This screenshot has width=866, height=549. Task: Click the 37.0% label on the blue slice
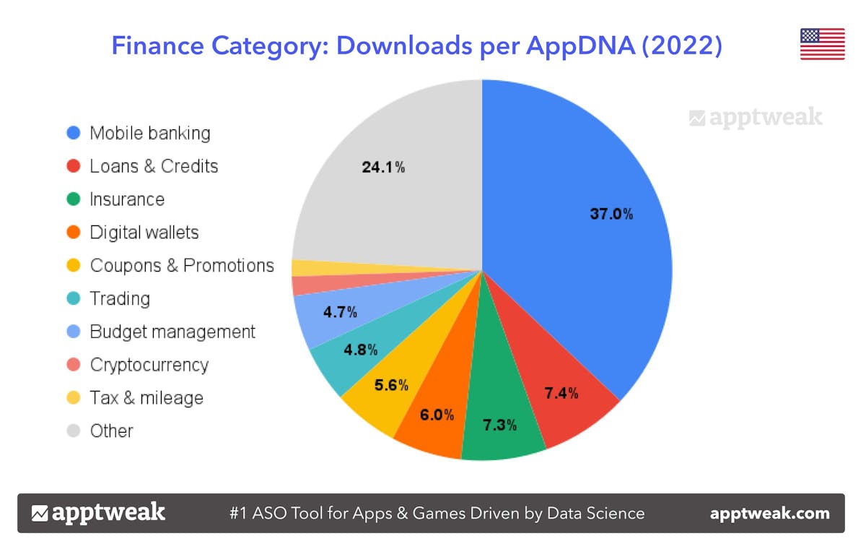tap(611, 214)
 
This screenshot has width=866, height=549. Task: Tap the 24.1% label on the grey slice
tap(383, 168)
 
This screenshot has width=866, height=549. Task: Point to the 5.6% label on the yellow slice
tap(391, 385)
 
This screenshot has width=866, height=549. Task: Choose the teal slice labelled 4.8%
tap(360, 350)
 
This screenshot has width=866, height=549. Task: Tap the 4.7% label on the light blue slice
tap(340, 313)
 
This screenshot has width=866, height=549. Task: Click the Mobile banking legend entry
tap(149, 133)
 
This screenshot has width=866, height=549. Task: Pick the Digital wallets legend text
tap(144, 233)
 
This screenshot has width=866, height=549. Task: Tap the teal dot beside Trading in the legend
tap(73, 299)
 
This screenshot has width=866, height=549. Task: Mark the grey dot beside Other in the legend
tap(73, 431)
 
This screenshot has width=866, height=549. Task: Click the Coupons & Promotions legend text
tap(182, 266)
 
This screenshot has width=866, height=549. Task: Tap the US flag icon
tap(822, 44)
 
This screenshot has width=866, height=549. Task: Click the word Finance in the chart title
tap(157, 46)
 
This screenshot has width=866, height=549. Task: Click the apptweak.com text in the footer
tap(769, 514)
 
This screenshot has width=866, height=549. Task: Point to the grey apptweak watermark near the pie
tap(756, 118)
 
